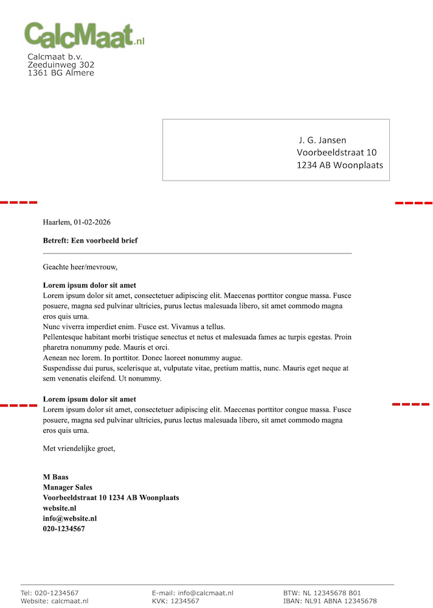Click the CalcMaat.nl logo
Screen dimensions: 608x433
[x=84, y=35]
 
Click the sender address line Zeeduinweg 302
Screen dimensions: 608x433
[x=61, y=64]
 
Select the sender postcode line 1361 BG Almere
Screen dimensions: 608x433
[x=61, y=73]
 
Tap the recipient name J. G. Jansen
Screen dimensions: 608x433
[x=322, y=140]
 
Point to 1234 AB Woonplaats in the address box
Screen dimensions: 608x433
[x=340, y=165]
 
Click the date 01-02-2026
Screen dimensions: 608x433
[x=92, y=222]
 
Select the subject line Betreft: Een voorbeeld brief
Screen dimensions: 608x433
[x=90, y=240]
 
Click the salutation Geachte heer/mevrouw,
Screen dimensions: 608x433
[x=80, y=266]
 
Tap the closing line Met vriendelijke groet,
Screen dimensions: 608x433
[x=79, y=449]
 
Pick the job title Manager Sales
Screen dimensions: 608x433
[x=68, y=487]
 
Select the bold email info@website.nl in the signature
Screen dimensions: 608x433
[x=69, y=519]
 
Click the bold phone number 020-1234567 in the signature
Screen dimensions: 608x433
[x=64, y=529]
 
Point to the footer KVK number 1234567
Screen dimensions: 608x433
[x=185, y=601]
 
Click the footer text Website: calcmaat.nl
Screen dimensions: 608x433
[x=54, y=601]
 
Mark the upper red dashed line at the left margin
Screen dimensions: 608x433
[x=18, y=202]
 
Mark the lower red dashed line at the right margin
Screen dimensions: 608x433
[x=411, y=404]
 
